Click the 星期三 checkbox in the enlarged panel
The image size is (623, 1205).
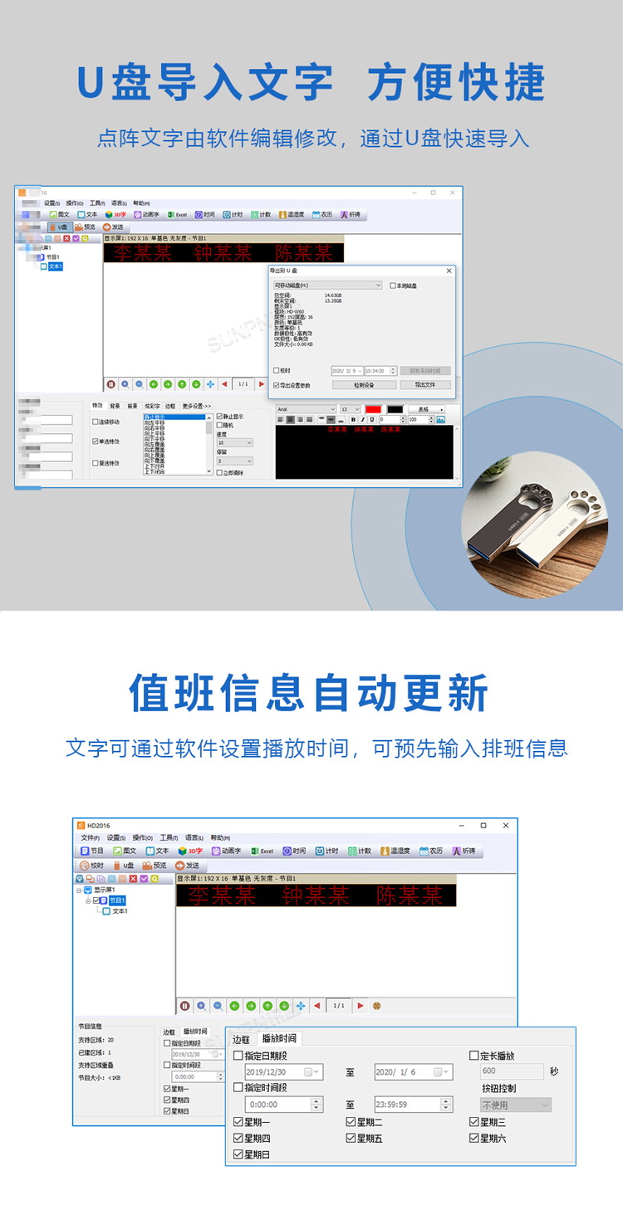[x=474, y=1122]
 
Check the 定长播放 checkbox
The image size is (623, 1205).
[x=474, y=1056]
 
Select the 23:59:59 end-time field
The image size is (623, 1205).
[x=407, y=1105]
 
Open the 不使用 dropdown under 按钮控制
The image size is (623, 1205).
[x=516, y=1105]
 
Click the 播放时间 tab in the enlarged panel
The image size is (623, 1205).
[x=280, y=1038]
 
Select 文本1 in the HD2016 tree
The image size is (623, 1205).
[x=120, y=911]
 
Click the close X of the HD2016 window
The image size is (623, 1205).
[x=505, y=826]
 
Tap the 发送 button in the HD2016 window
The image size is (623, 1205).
[x=187, y=866]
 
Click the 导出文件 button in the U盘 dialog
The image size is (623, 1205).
[x=425, y=385]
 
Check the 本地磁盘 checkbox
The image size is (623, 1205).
[x=393, y=285]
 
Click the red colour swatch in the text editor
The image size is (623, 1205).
[x=373, y=409]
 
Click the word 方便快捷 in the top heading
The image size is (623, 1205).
[x=456, y=83]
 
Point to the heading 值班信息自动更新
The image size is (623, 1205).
[x=309, y=694]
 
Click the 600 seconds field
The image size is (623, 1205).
[x=512, y=1071]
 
